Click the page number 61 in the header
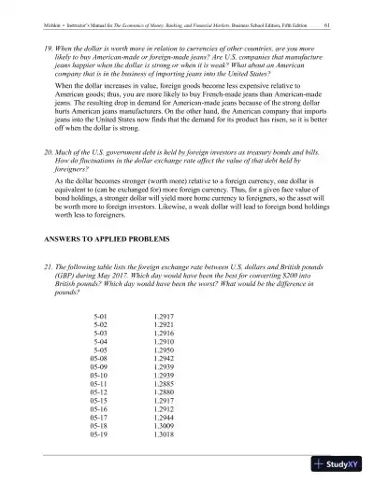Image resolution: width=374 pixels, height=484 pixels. click(x=324, y=25)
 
